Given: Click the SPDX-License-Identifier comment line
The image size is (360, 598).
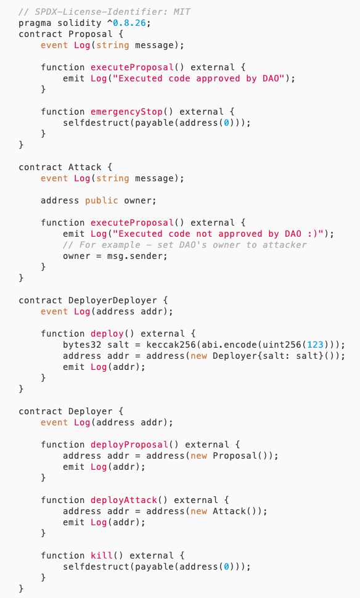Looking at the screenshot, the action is click(105, 12).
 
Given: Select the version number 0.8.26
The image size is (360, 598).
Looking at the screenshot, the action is click(129, 23).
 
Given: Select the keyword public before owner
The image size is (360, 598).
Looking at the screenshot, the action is click(102, 200).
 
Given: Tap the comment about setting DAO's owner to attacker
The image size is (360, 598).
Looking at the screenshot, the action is click(185, 245).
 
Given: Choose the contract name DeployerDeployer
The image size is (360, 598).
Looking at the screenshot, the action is click(112, 300).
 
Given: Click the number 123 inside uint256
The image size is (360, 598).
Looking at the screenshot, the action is click(315, 345).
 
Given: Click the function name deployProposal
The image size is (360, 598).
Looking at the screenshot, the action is click(129, 444).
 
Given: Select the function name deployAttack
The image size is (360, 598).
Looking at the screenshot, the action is click(124, 500).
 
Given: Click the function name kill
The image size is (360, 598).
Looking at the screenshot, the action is click(102, 555).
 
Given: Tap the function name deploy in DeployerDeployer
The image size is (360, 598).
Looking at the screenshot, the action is click(107, 334).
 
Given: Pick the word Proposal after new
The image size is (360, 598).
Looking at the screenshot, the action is click(235, 456).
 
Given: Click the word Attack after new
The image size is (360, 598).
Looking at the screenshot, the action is click(229, 511).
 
